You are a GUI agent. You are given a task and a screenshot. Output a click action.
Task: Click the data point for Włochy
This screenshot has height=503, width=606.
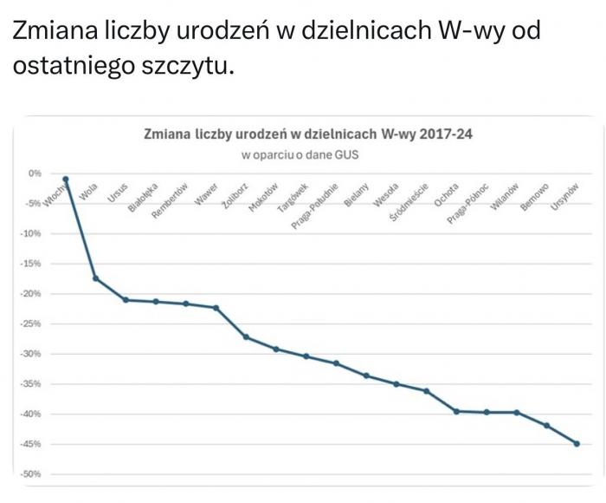66,180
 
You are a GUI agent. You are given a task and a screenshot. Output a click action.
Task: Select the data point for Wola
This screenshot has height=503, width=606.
95,278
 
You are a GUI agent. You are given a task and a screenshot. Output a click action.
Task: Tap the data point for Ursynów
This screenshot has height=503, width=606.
577,443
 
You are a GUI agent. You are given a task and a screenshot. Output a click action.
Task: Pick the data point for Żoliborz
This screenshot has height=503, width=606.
246,336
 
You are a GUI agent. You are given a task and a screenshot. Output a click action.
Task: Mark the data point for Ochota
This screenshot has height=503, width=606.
457,411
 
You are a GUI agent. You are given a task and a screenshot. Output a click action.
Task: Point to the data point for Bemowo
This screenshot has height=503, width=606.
546,425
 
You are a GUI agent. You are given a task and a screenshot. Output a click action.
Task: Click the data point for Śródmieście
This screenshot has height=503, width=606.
427,391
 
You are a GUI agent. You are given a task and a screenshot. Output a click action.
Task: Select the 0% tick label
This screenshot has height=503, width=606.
35,173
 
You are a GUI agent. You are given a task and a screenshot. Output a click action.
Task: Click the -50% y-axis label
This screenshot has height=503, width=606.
31,474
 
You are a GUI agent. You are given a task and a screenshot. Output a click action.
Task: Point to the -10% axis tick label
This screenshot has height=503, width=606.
31,233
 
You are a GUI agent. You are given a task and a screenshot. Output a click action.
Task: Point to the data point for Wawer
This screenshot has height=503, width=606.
216,308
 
